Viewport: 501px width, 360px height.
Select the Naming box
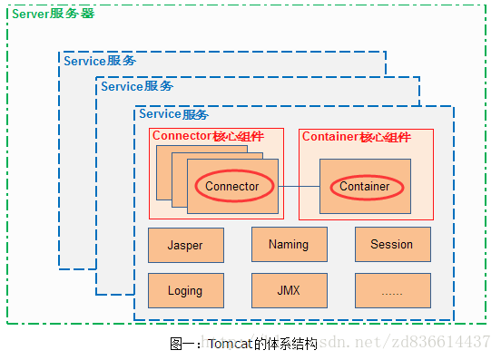(289, 244)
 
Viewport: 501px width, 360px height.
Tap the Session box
(392, 244)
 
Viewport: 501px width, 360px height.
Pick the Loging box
(185, 291)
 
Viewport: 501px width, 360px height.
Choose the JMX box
(289, 291)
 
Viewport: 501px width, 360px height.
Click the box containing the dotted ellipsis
(392, 291)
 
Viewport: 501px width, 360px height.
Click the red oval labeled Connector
(232, 187)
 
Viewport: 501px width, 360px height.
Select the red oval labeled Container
(364, 187)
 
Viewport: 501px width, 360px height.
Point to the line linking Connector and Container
(298, 187)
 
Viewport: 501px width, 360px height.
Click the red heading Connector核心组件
(208, 137)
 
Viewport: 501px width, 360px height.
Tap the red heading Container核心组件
(356, 138)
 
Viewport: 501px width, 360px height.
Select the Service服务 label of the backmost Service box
(100, 61)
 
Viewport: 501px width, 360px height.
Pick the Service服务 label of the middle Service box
(136, 87)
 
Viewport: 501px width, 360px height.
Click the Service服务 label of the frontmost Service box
(173, 114)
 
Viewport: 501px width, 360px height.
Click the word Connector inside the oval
(232, 187)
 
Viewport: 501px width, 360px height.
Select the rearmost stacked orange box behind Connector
(163, 172)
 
